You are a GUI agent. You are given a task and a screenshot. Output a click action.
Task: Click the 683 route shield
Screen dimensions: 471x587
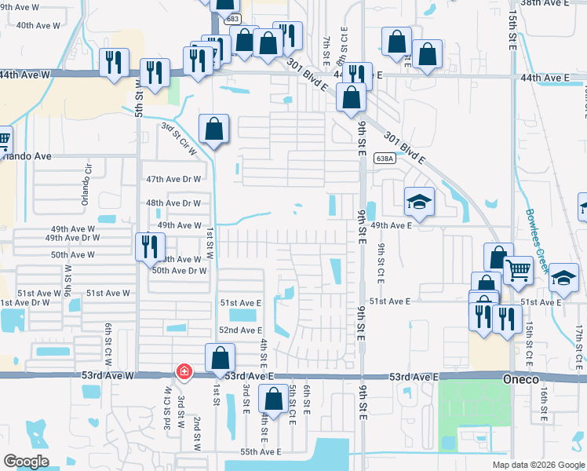click(232, 17)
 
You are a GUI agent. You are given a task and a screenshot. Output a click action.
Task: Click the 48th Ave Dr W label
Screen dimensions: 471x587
click(174, 203)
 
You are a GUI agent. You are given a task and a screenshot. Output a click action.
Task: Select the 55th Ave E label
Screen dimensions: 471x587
click(261, 452)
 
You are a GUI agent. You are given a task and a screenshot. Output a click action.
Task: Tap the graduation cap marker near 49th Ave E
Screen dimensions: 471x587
click(419, 203)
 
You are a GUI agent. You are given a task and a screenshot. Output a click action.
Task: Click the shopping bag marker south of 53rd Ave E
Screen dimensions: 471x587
click(273, 400)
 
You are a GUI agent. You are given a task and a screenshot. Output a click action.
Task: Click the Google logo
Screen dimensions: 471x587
click(26, 461)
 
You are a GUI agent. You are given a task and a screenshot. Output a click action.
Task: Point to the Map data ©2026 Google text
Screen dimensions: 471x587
click(538, 465)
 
